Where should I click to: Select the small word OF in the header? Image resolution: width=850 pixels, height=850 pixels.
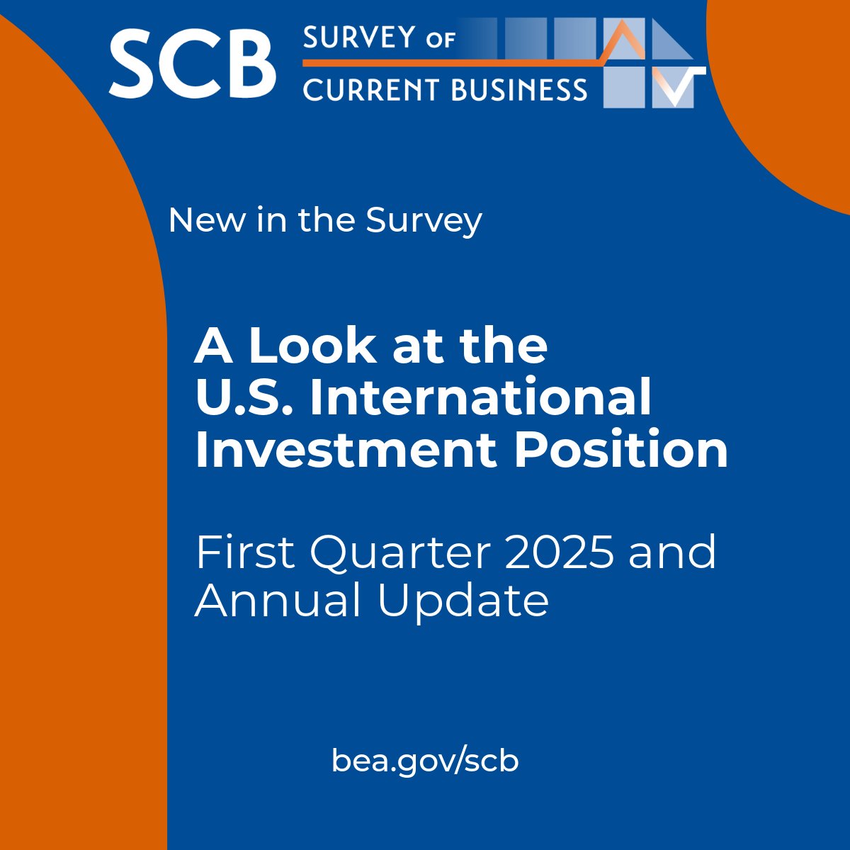click(440, 40)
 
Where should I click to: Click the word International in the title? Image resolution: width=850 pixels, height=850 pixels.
click(481, 398)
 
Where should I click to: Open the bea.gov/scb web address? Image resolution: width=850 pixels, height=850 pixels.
click(425, 761)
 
